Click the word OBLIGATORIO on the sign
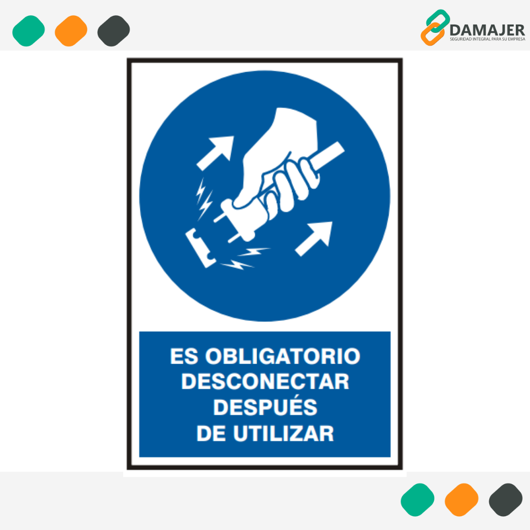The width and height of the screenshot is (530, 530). [283, 356]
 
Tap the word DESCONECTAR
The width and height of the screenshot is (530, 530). [265, 382]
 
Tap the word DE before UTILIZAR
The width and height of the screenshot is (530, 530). [211, 433]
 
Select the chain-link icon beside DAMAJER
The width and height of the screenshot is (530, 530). [435, 27]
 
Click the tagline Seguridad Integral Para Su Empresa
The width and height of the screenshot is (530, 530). [487, 39]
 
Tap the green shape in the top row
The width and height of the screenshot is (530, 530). [28, 31]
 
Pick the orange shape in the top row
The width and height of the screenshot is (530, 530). [71, 31]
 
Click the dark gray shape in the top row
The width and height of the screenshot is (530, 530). [113, 31]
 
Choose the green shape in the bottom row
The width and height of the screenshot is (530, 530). [418, 500]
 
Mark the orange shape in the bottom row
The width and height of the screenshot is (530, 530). [461, 500]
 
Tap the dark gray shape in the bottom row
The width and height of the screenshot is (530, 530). [505, 500]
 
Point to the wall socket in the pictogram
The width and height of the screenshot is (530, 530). [201, 248]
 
